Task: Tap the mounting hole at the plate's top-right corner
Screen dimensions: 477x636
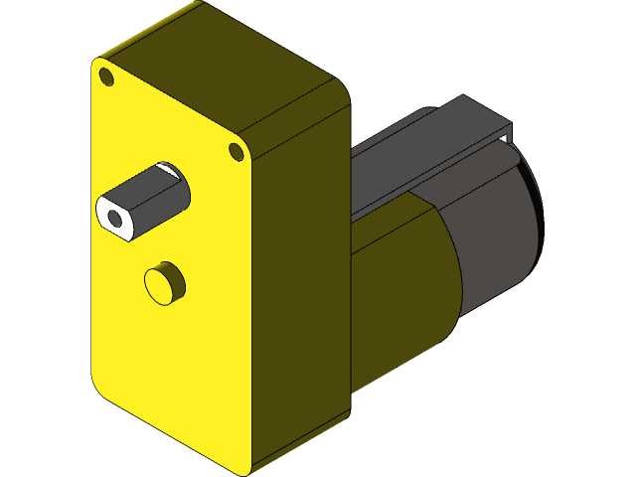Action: (237, 151)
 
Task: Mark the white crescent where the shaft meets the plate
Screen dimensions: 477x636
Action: (170, 169)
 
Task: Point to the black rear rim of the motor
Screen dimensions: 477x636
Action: (538, 209)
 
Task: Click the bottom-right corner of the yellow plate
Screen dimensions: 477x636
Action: (244, 467)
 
